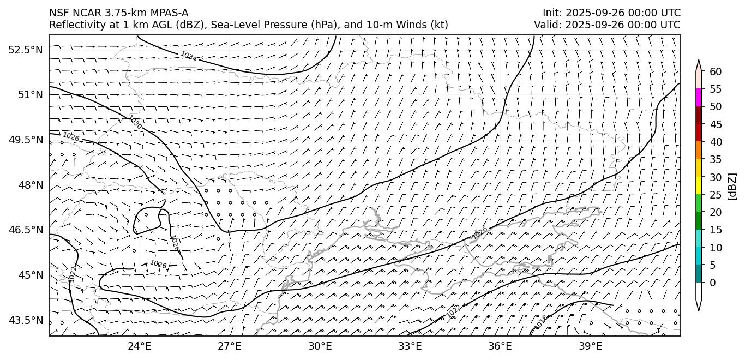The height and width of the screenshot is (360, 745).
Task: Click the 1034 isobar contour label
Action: pyautogui.click(x=189, y=57)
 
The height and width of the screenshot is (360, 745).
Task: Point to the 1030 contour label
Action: pyautogui.click(x=135, y=122)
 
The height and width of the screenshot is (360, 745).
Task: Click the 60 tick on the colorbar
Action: pyautogui.click(x=716, y=71)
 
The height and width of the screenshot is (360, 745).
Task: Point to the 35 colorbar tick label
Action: pyautogui.click(x=716, y=159)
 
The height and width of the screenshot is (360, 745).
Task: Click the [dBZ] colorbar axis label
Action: pyautogui.click(x=732, y=187)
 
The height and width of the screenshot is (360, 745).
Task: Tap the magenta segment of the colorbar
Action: pyautogui.click(x=699, y=98)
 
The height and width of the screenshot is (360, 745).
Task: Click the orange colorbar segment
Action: pyautogui.click(x=699, y=151)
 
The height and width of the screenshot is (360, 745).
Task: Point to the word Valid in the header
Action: pyautogui.click(x=546, y=25)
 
